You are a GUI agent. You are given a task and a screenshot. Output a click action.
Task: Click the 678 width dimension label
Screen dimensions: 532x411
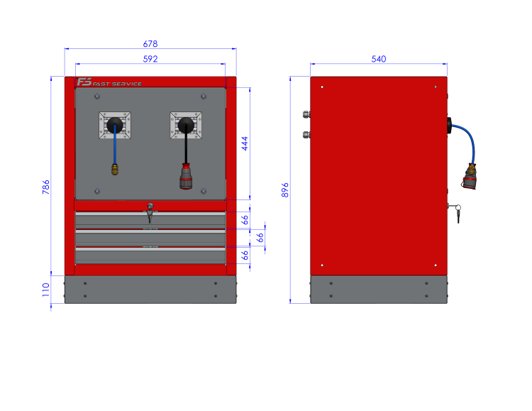(x=150, y=44)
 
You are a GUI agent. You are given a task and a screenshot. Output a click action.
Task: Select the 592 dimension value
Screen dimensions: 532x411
(x=150, y=59)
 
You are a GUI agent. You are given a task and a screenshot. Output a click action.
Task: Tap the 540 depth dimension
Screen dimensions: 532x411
(x=379, y=59)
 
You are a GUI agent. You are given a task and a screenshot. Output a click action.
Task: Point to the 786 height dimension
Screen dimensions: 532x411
(x=46, y=187)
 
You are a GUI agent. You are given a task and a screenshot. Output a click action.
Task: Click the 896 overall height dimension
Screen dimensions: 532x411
(x=285, y=190)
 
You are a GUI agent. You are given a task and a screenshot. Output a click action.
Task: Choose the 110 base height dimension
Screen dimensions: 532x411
(x=46, y=290)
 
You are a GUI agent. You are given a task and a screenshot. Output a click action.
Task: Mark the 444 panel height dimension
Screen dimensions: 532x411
(x=245, y=143)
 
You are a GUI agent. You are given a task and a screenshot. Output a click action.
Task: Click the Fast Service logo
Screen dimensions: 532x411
(x=109, y=82)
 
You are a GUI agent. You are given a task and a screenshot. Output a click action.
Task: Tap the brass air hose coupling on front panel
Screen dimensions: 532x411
(x=115, y=169)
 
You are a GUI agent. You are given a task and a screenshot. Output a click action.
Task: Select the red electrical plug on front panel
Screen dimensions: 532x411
(x=186, y=176)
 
